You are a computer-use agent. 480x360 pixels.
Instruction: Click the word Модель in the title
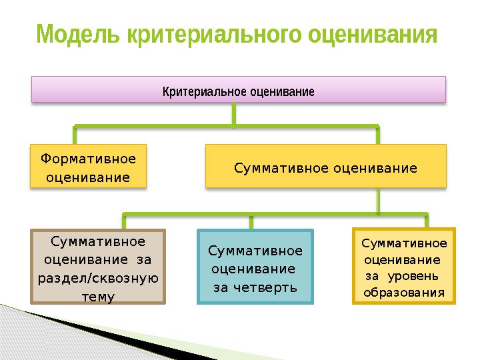[x=78, y=34]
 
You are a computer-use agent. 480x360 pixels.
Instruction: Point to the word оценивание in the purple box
[x=282, y=91]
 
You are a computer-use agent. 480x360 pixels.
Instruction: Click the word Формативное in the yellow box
[x=88, y=159]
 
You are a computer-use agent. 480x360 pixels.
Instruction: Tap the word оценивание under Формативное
[x=88, y=177]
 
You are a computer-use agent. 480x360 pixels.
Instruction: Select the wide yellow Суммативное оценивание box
[x=326, y=166]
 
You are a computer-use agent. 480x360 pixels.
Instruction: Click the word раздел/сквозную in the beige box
[x=98, y=278]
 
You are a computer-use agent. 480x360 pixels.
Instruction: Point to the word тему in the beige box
[x=98, y=297]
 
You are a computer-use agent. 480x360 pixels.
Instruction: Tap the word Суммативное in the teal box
[x=255, y=251]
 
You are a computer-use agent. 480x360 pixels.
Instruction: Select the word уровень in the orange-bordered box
[x=413, y=277]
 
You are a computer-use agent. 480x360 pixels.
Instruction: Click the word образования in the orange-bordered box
[x=404, y=293]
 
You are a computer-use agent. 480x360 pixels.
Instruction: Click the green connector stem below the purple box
[x=234, y=113]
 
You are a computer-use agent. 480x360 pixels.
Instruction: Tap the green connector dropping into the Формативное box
[x=75, y=135]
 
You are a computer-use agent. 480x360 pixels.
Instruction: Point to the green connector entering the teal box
[x=251, y=222]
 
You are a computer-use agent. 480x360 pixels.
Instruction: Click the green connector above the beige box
[x=124, y=221]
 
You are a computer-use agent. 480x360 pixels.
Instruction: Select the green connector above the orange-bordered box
[x=427, y=221]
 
